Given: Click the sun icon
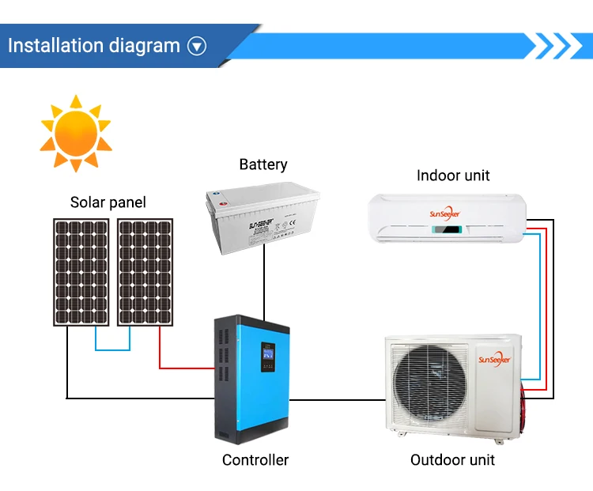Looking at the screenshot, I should [76, 134].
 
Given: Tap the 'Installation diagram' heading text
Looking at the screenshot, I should [94, 45].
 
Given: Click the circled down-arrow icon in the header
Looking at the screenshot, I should [196, 47].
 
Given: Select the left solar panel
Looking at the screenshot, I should [81, 271].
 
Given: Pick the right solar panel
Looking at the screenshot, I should [145, 271].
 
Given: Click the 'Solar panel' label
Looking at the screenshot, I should [108, 202].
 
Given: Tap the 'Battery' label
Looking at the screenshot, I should [263, 164].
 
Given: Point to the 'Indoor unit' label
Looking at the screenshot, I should [453, 175].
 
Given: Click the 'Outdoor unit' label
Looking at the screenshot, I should [452, 459].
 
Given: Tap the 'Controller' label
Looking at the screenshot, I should [255, 459].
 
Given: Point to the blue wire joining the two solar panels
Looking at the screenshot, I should [113, 349].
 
